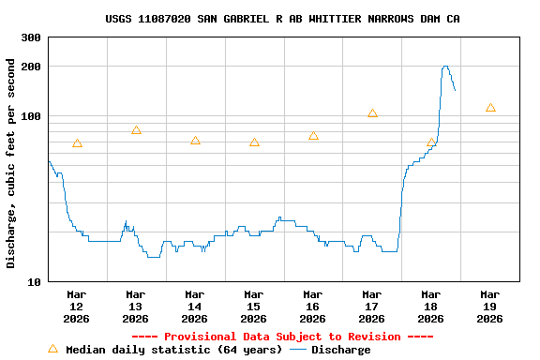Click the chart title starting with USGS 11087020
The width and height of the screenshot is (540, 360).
(282, 19)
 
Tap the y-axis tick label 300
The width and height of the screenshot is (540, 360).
(31, 37)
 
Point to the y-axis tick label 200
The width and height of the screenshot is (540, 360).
(31, 67)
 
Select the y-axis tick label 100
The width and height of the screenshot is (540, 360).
(31, 116)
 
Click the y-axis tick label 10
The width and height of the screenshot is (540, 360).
(35, 281)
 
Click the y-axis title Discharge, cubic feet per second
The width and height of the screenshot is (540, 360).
(11, 163)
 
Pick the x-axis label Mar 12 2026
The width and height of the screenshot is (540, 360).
(77, 307)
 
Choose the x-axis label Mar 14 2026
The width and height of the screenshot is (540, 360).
(195, 307)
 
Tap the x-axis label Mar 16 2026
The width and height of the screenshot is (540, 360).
(313, 307)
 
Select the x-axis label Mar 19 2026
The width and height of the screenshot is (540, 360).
(489, 307)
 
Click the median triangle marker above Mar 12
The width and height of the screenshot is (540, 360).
(77, 143)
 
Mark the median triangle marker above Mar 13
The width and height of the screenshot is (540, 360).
(136, 130)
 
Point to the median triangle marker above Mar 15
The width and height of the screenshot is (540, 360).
(254, 142)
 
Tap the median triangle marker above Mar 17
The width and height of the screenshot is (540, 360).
(372, 113)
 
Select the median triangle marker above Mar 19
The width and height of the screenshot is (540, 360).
(490, 108)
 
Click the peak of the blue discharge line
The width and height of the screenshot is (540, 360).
(445, 67)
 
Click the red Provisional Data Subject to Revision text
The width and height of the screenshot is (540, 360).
(282, 337)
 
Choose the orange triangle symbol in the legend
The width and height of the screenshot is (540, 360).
(52, 349)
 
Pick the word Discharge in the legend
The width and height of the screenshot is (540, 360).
(340, 350)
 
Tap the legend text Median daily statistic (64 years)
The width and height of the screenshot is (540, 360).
(173, 350)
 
